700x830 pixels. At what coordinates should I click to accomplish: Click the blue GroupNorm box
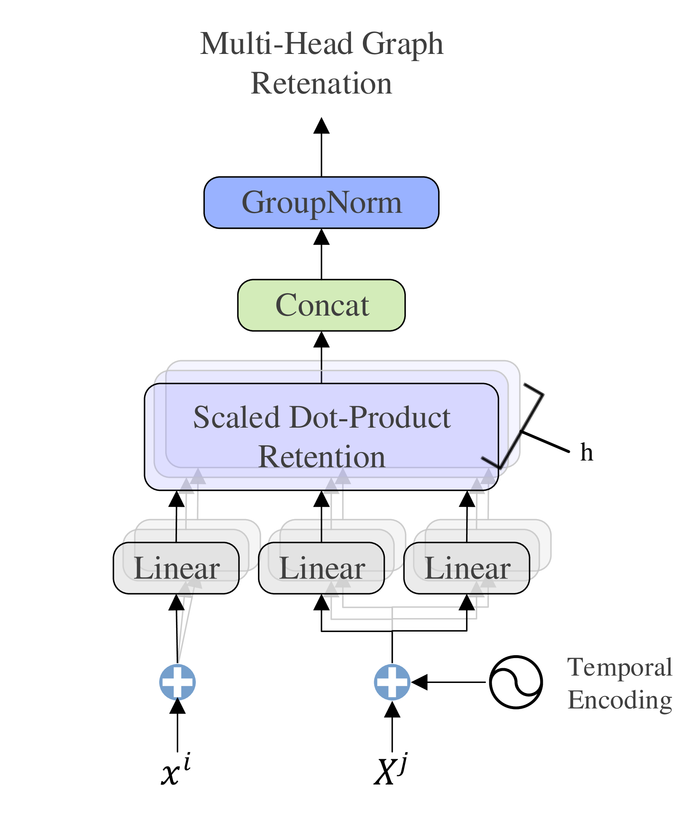click(321, 203)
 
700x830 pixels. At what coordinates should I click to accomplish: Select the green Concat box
click(321, 305)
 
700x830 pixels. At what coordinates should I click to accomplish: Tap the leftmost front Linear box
click(177, 568)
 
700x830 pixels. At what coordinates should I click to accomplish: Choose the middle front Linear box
click(322, 568)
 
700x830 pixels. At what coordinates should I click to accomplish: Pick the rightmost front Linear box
click(467, 568)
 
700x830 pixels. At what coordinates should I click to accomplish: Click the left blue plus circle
click(177, 682)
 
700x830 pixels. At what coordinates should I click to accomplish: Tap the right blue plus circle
click(392, 682)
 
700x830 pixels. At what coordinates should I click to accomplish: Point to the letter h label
click(586, 452)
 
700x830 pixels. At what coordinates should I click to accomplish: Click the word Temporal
click(620, 667)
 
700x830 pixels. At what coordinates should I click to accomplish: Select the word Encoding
click(620, 700)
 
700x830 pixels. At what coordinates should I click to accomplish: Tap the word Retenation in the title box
click(321, 83)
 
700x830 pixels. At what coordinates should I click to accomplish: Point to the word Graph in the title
click(402, 44)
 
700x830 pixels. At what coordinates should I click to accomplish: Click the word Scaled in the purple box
click(237, 418)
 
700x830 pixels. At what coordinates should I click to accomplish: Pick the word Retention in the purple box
click(322, 457)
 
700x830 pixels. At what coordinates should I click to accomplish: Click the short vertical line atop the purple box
click(322, 372)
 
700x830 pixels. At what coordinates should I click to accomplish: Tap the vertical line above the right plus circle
click(392, 645)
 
